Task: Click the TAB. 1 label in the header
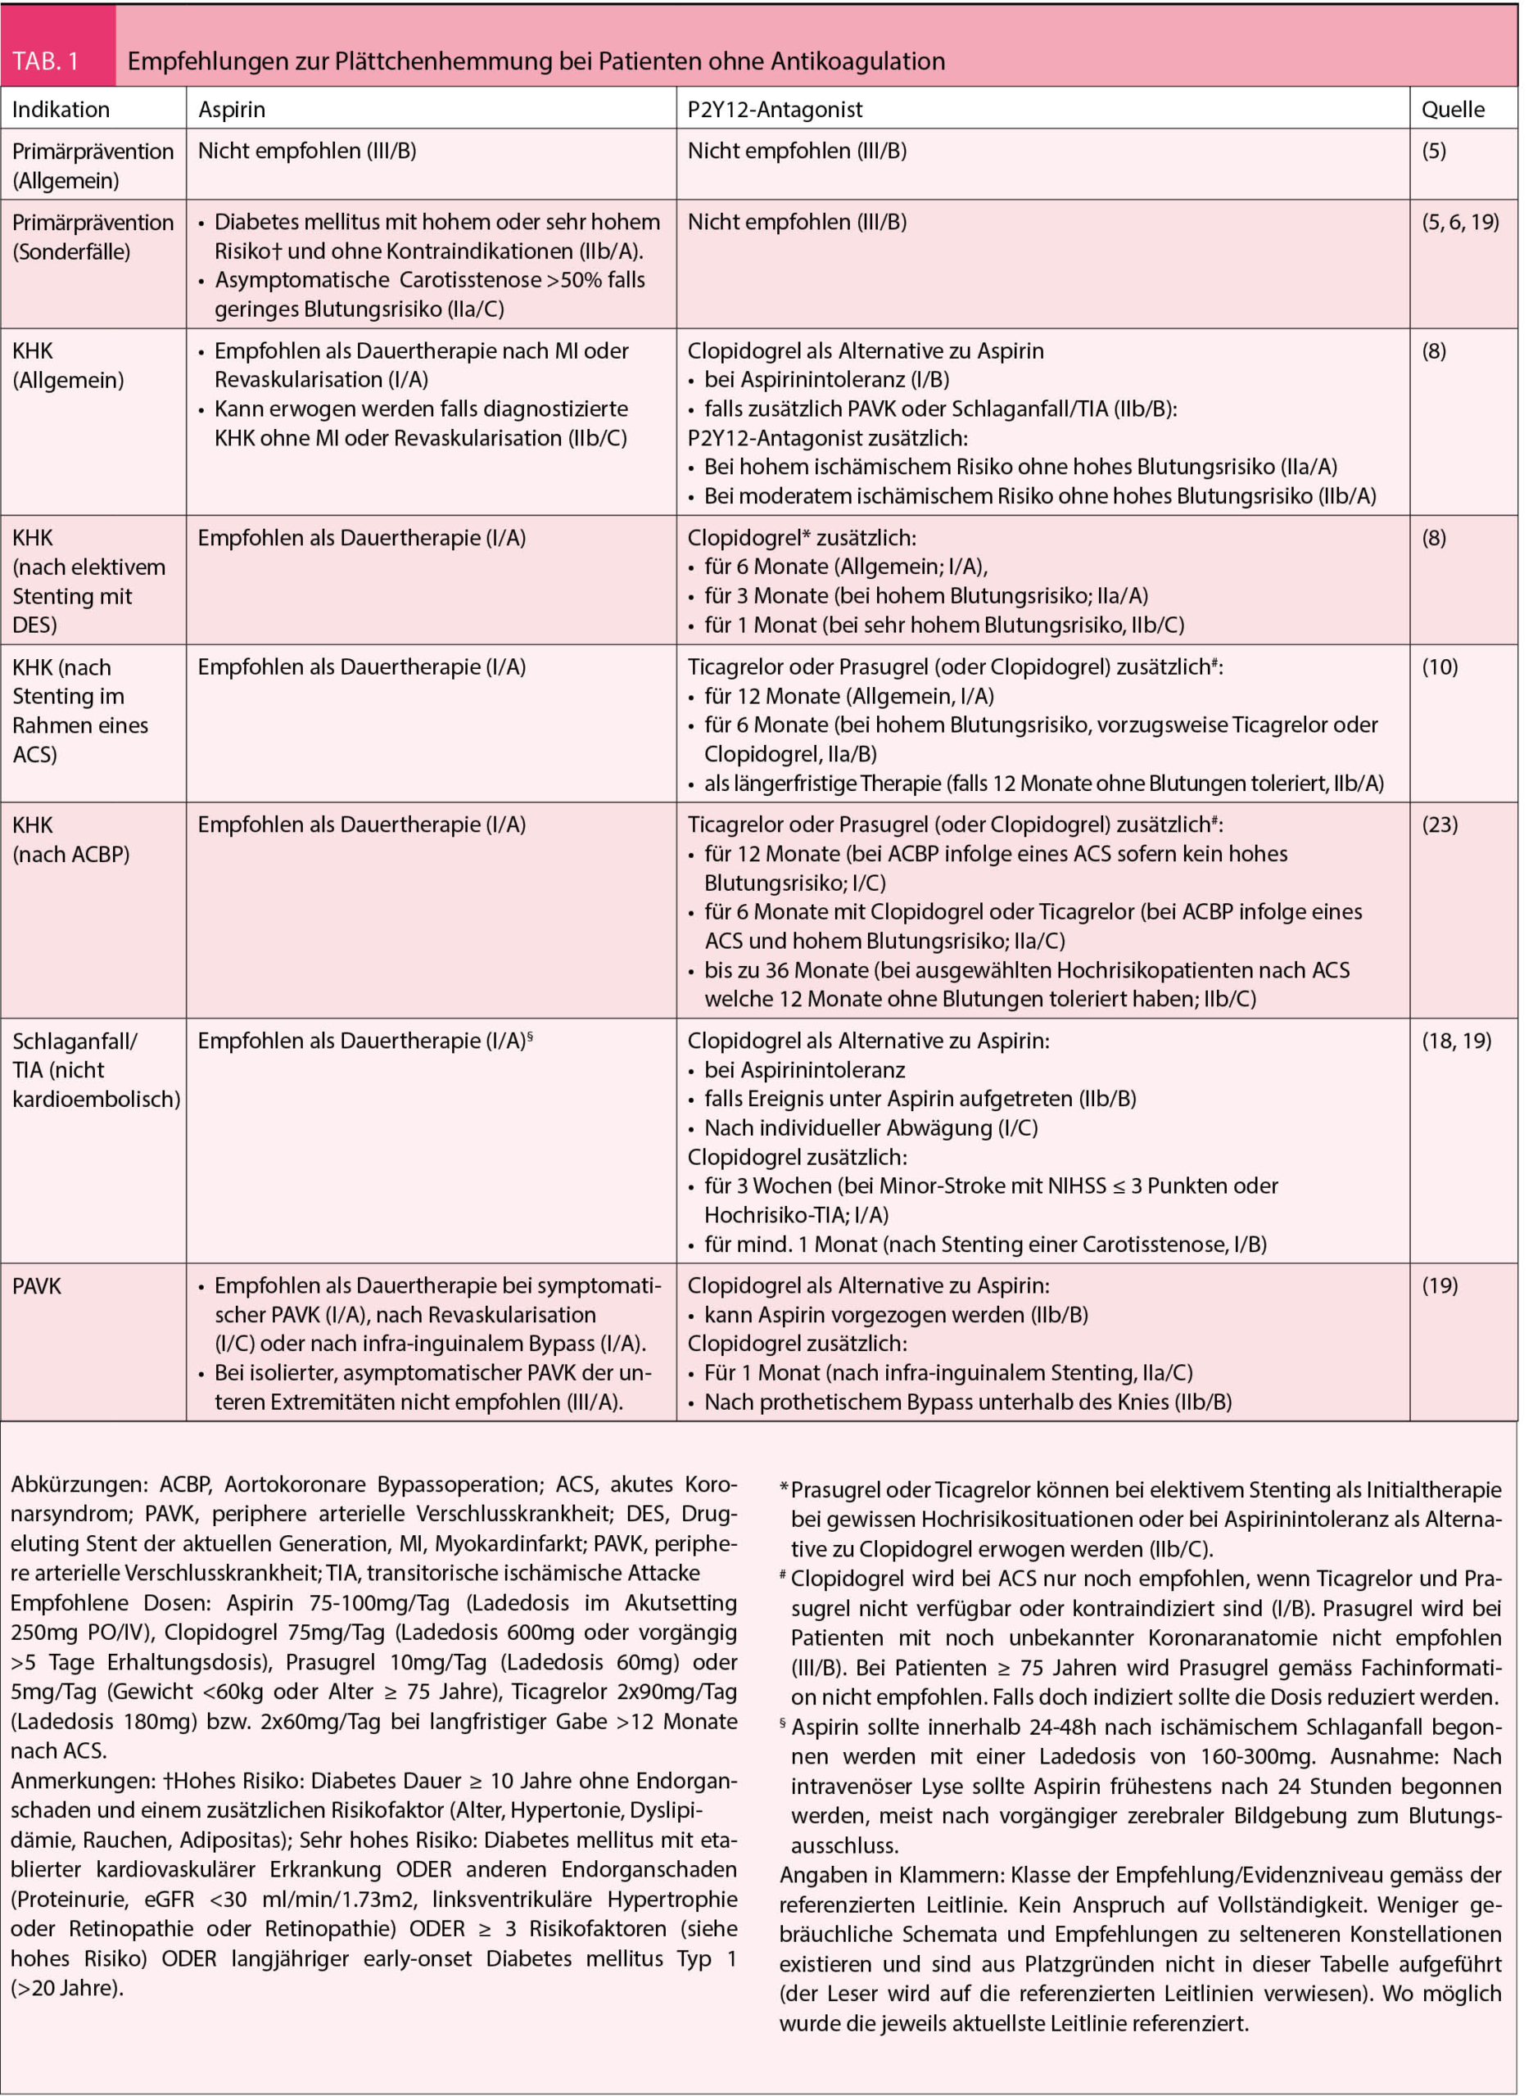coord(46,61)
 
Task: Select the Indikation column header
coord(61,110)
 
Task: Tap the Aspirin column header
coord(231,110)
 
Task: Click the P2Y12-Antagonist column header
coord(774,110)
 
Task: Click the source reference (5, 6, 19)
coord(1459,222)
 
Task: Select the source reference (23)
coord(1440,824)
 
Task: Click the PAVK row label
coord(37,1286)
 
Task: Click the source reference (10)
coord(1440,666)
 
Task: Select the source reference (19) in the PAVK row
coord(1440,1285)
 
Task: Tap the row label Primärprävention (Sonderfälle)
coord(92,237)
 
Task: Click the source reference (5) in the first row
coord(1434,151)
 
